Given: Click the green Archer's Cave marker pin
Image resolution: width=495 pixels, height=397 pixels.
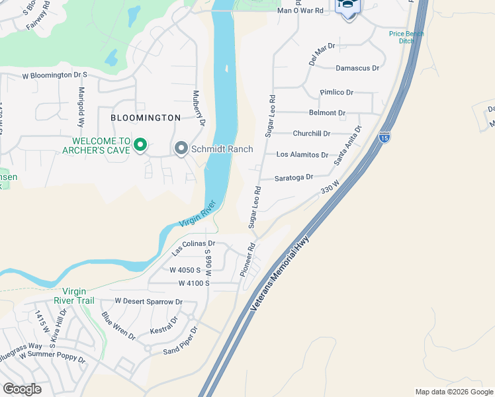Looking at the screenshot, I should (140, 145).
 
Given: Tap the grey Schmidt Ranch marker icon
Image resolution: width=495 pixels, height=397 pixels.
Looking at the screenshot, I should (181, 149).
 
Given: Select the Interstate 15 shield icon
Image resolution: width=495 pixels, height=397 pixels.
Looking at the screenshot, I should (384, 138).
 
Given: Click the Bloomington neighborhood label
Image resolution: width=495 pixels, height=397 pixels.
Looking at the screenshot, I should (146, 118).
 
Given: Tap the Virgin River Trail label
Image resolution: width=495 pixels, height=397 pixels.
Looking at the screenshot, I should (84, 296).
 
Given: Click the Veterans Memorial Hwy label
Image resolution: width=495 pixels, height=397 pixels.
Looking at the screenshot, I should (281, 274).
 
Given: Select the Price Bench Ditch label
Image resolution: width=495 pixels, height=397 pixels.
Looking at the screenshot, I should (406, 37).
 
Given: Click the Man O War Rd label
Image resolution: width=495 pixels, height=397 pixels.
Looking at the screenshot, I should (300, 11).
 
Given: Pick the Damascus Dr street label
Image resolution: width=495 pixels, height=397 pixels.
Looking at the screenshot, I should (357, 67).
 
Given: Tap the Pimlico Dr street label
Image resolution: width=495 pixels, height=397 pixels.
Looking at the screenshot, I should (337, 92).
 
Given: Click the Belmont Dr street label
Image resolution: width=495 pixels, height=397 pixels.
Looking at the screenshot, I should (328, 113).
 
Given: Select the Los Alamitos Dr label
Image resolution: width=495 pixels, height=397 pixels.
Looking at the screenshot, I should (302, 155).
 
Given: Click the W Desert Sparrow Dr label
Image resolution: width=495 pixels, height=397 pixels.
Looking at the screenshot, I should (148, 301).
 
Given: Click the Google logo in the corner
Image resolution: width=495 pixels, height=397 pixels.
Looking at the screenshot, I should (22, 389).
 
